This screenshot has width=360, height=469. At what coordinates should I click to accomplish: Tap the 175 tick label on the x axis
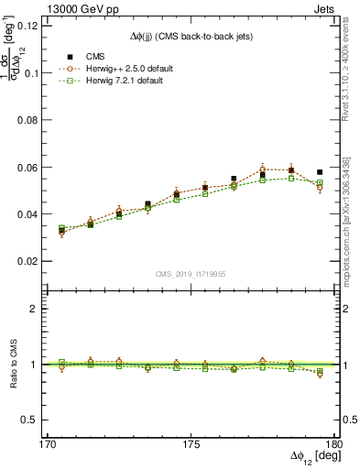[189, 444]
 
